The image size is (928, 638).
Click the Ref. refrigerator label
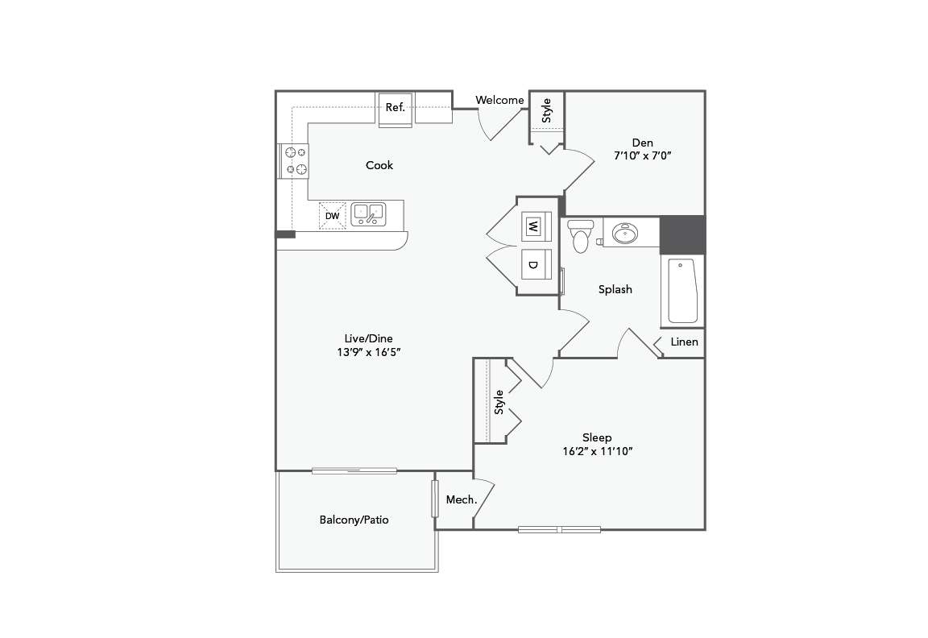pos(395,108)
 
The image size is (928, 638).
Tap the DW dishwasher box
pos(332,216)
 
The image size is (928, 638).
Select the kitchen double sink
pos(368,213)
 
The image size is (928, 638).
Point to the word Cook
pos(379,165)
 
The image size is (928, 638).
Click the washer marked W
pos(532,226)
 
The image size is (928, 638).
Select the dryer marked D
pos(532,263)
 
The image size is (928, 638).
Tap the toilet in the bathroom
pos(580,235)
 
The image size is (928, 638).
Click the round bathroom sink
pos(625,234)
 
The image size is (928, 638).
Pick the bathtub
pos(681,291)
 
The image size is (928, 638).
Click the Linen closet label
pos(684,342)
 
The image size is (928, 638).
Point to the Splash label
pos(615,289)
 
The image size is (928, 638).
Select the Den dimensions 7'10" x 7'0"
pos(642,156)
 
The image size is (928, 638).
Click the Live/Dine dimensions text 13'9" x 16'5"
pos(370,352)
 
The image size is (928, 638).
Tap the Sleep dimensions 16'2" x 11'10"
pos(597,451)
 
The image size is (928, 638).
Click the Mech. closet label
pos(462,500)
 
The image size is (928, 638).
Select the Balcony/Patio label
pos(354,520)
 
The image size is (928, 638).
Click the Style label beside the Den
pos(547,110)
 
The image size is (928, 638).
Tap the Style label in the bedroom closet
pos(499,401)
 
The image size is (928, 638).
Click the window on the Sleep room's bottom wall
pos(559,529)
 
